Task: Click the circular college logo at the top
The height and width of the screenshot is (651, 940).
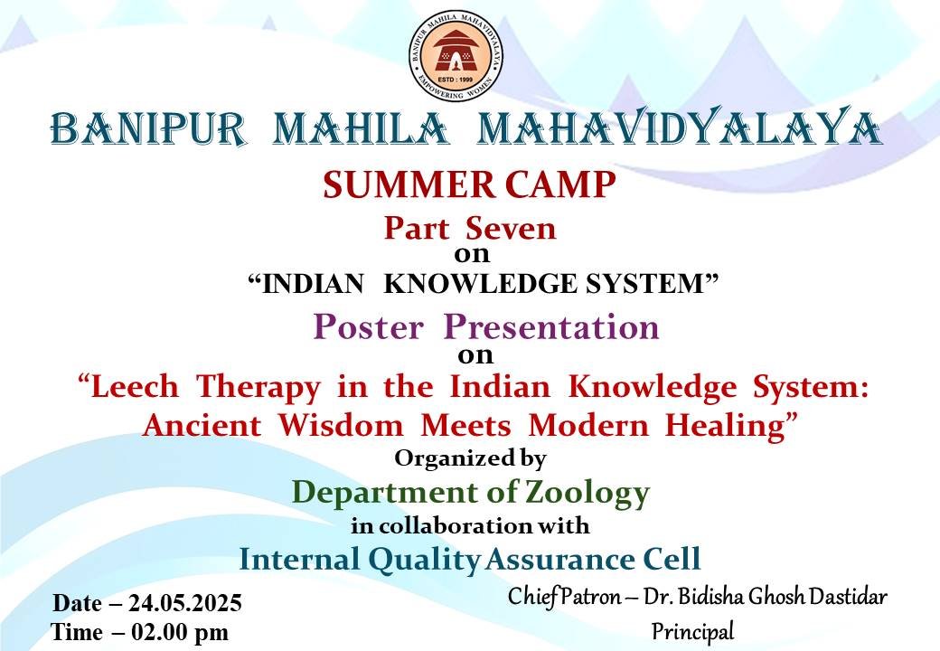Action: (x=456, y=55)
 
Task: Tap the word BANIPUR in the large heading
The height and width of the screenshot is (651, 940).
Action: (x=148, y=128)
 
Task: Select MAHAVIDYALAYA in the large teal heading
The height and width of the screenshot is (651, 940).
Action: (x=680, y=127)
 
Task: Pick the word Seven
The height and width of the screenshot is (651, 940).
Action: (x=511, y=229)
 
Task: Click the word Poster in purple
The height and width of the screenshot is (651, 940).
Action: (x=368, y=326)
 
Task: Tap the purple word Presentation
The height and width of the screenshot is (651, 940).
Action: (x=551, y=326)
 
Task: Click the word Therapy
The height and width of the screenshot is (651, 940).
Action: (x=258, y=388)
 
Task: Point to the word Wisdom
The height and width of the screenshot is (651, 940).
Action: (x=341, y=425)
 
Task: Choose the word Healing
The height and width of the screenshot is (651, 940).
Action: (x=726, y=427)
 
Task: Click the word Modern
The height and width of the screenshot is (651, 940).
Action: (x=588, y=425)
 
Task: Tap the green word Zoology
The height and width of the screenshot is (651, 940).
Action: (x=587, y=494)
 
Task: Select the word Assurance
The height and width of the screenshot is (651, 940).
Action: (x=559, y=560)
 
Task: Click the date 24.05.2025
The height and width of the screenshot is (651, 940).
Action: (x=185, y=603)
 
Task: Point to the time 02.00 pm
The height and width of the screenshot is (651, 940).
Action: (x=180, y=632)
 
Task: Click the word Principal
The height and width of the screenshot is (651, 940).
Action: (x=692, y=632)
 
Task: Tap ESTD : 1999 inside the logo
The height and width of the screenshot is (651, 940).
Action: (x=456, y=80)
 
